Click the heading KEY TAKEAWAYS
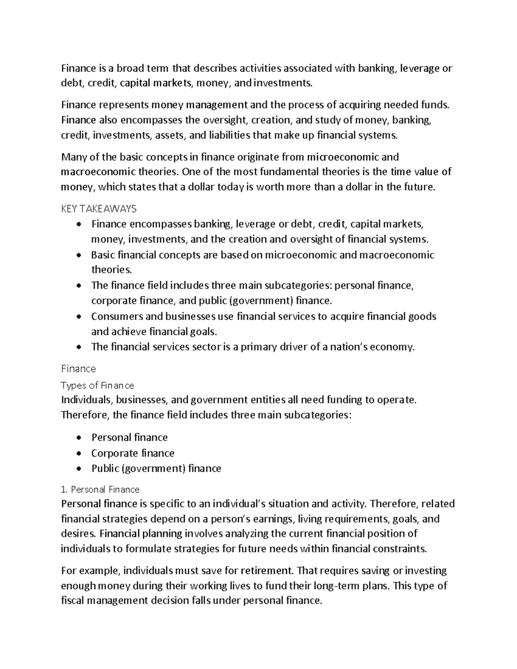point(99,209)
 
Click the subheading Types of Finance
point(97,385)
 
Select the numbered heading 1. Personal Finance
point(100,489)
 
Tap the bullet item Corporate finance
point(133,453)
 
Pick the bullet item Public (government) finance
point(156,468)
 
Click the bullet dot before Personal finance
point(78,438)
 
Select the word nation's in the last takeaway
point(353,347)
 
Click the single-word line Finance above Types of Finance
point(78,369)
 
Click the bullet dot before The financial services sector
point(78,347)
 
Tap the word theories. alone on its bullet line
point(111,270)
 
